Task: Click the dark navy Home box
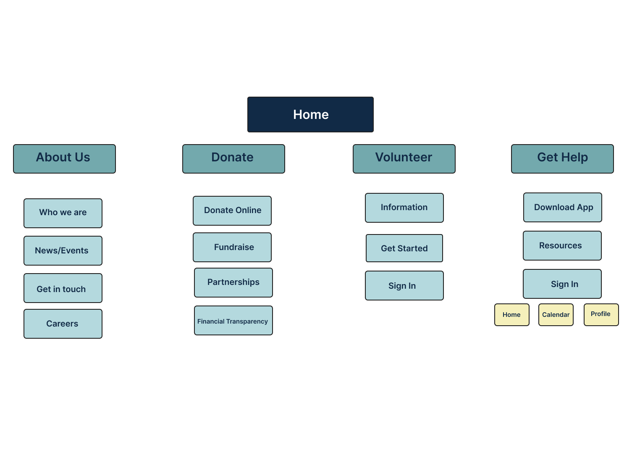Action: point(310,114)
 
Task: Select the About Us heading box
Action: point(64,159)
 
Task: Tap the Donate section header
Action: point(233,159)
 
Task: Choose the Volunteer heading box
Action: point(404,159)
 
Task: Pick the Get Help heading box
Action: point(562,159)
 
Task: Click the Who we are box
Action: point(63,213)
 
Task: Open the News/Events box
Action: point(63,251)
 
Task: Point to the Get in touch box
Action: point(63,288)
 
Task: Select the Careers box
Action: point(63,324)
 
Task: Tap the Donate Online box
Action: point(232,211)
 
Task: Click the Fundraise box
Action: point(232,247)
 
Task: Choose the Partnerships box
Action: point(233,282)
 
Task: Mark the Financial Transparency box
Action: point(233,320)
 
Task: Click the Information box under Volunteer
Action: point(404,208)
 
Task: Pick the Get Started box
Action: point(404,248)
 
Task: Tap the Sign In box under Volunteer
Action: point(404,285)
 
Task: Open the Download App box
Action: point(563,208)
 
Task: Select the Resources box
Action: point(562,245)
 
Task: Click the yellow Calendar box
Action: point(556,315)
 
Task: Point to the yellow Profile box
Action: point(601,315)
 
